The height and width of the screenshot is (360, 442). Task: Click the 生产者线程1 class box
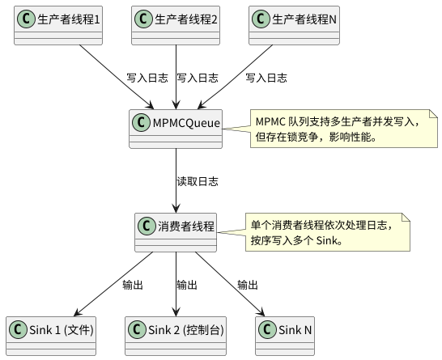tap(56, 24)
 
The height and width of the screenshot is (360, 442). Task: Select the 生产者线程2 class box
tap(176, 24)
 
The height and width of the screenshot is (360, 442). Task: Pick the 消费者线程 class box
tap(176, 231)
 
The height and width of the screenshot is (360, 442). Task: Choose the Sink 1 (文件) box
tap(51, 334)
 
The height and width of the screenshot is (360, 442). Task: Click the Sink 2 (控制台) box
tap(176, 334)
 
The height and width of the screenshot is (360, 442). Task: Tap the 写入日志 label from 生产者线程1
tap(147, 78)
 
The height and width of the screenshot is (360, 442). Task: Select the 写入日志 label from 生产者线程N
tap(266, 78)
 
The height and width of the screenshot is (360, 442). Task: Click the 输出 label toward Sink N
tap(248, 285)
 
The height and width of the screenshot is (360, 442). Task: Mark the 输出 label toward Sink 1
tap(132, 285)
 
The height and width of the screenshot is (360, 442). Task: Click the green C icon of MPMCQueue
tap(142, 122)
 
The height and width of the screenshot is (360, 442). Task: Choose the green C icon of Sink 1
tap(19, 329)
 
